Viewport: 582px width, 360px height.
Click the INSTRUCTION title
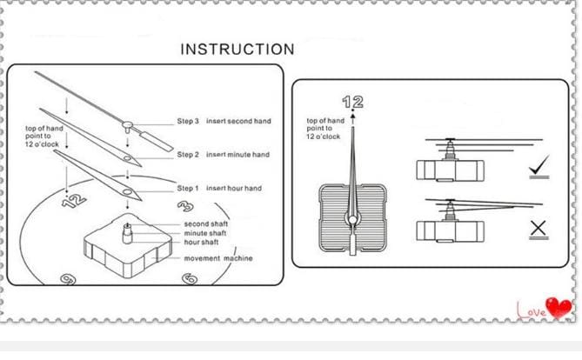tap(237, 50)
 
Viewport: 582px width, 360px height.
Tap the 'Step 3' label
tap(189, 121)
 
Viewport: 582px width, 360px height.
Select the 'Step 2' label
tap(189, 155)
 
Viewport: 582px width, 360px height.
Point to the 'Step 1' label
tap(189, 188)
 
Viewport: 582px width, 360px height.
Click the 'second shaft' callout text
tap(206, 224)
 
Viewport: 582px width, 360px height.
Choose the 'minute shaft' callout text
tap(205, 233)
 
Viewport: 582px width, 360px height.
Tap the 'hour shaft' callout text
tap(203, 242)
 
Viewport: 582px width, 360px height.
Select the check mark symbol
tap(539, 166)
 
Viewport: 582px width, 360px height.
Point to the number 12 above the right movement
tap(352, 102)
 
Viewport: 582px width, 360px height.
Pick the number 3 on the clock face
tap(184, 207)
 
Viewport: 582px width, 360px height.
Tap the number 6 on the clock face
tap(188, 279)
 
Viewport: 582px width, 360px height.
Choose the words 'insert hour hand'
tap(233, 188)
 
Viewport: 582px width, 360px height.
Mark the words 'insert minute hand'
tap(237, 155)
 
